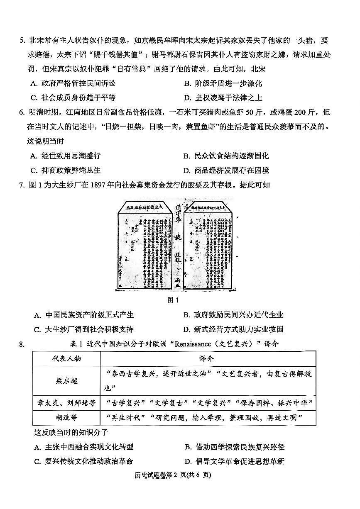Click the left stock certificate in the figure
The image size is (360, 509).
[x=145, y=245]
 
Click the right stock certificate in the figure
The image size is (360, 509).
[x=208, y=245]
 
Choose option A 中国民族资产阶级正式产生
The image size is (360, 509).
[x=83, y=315]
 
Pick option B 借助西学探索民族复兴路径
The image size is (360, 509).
[x=235, y=447]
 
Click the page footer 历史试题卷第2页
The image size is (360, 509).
[x=180, y=475]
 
